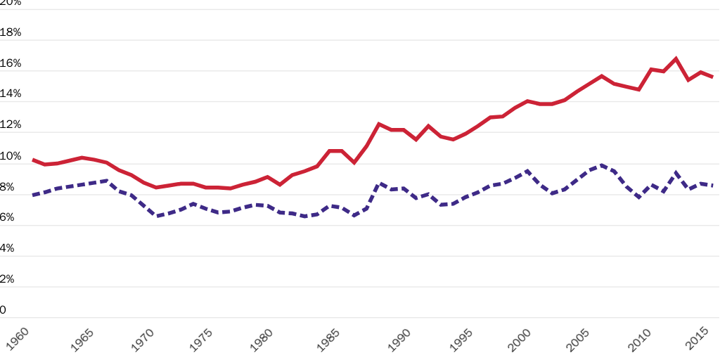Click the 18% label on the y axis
[11, 32]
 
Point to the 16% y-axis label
[11, 63]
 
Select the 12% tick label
[11, 125]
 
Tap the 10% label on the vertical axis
[11, 156]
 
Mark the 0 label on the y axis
[4, 310]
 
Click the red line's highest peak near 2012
[676, 58]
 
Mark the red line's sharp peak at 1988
[379, 124]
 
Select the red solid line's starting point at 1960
[33, 160]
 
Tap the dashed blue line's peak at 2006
[602, 165]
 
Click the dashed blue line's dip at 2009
[638, 198]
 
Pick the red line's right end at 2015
[712, 77]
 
